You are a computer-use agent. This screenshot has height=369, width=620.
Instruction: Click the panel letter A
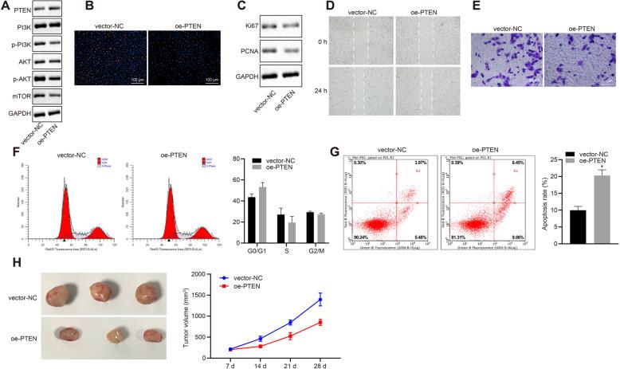(x=6, y=7)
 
